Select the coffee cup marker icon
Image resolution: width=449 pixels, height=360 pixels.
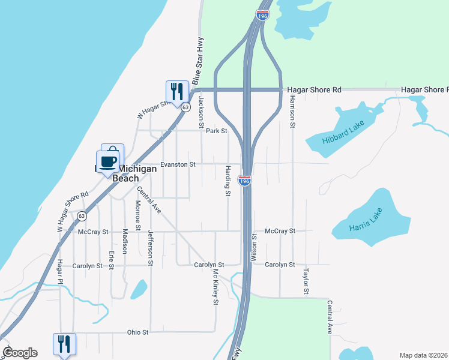108,162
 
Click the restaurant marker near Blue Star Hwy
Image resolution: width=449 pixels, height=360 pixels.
176,92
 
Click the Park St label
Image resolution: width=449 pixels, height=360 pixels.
216,131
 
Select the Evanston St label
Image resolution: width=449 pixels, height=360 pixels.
178,164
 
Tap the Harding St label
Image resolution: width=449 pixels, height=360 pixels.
228,181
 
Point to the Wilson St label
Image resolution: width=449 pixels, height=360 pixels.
254,245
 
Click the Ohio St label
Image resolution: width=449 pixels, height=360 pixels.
137,332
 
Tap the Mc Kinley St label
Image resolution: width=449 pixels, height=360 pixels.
214,286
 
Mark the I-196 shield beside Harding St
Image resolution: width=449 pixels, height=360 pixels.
244,180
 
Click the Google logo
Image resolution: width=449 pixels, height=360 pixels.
19,353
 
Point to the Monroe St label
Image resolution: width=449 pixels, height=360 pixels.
137,215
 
